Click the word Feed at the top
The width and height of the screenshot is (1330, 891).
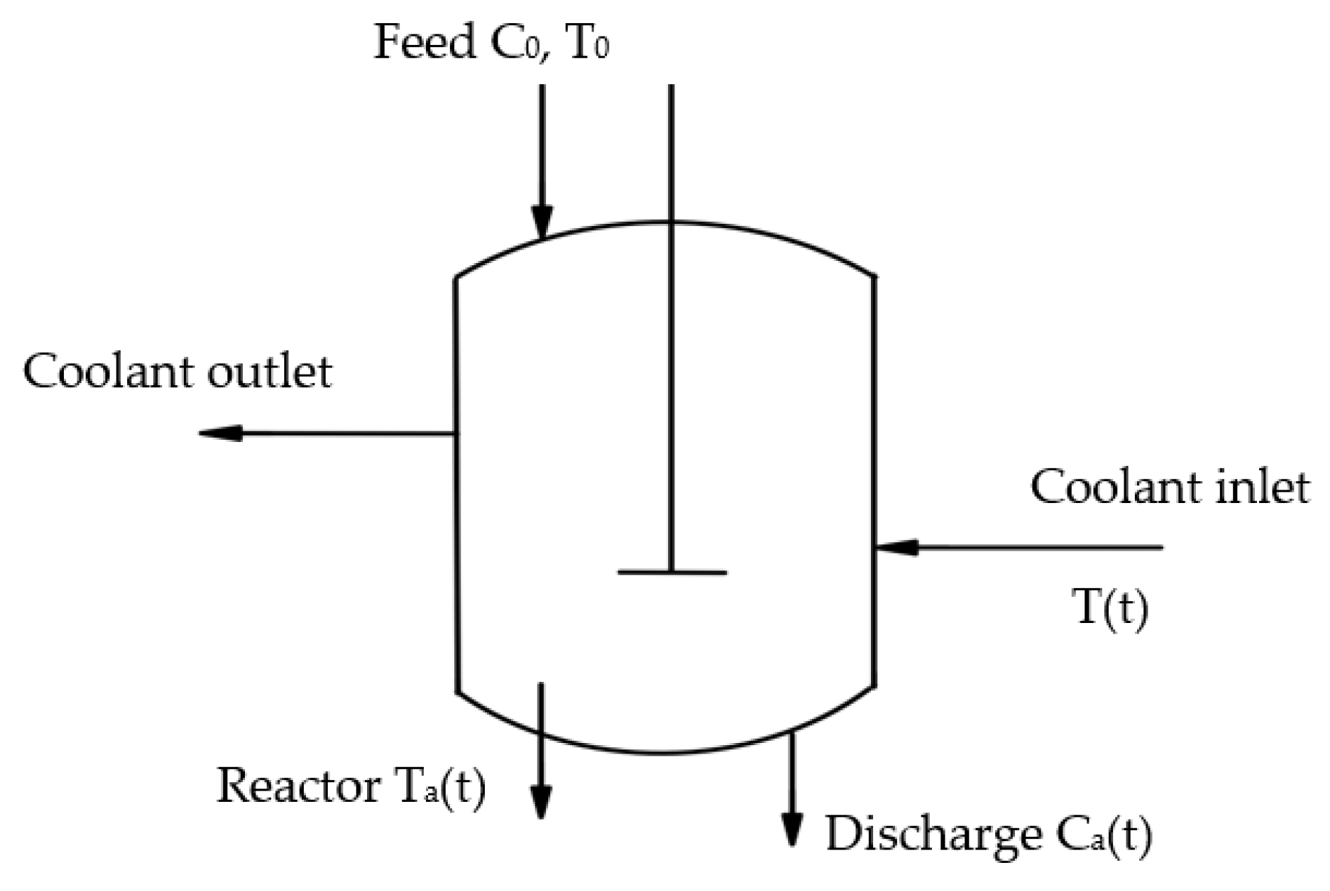[x=424, y=43]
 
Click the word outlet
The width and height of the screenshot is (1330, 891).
[x=270, y=371]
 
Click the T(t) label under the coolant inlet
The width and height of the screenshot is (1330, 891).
[x=1110, y=608]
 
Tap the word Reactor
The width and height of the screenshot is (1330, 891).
[x=298, y=786]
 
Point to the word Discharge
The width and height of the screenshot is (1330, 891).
[x=933, y=835]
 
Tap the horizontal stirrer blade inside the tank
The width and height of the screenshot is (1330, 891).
[x=672, y=572]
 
